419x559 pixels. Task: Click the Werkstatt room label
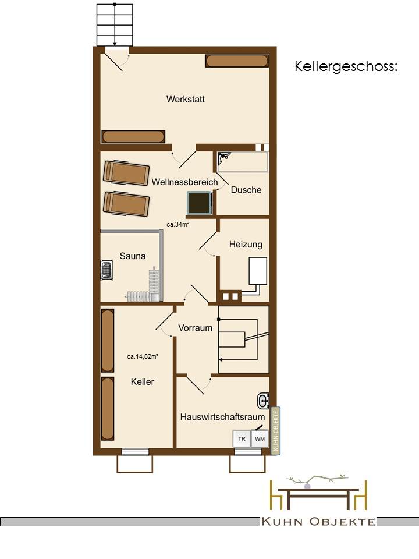click(185, 99)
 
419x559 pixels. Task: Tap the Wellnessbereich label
click(184, 182)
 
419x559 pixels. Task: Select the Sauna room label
click(133, 256)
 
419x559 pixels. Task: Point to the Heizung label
click(246, 245)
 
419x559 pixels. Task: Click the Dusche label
click(246, 190)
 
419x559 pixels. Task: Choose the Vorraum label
click(196, 328)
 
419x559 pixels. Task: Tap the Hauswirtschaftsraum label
click(223, 417)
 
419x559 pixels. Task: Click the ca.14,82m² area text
click(143, 356)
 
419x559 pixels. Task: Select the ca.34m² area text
click(178, 224)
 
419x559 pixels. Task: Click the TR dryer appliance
click(242, 439)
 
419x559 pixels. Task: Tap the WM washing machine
click(260, 439)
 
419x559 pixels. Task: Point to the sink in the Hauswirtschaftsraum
click(263, 401)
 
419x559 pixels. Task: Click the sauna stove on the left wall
click(106, 270)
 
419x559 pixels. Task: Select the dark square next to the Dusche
click(200, 203)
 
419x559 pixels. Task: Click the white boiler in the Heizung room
click(258, 271)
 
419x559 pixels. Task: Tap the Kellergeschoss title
click(346, 66)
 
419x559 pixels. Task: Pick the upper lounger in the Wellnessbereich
click(126, 174)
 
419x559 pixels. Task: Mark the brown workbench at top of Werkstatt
click(237, 61)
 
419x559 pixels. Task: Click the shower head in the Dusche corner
click(225, 156)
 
